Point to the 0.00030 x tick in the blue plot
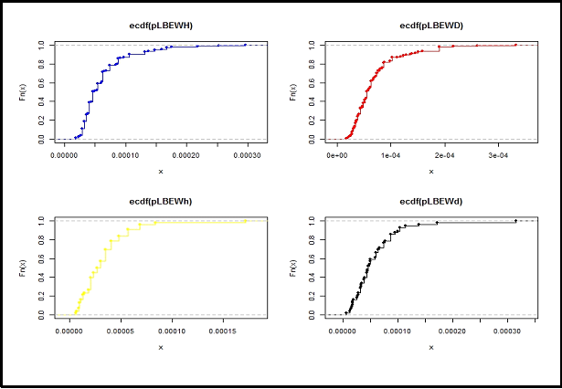[246, 157]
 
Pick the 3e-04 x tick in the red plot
[499, 157]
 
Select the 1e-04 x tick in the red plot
[391, 157]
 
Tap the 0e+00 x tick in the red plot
[338, 157]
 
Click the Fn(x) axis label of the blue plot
[22, 91]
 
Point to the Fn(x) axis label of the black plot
[292, 268]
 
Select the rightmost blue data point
[246, 45]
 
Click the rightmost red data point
[515, 45]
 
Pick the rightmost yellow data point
[245, 221]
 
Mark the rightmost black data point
[515, 221]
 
